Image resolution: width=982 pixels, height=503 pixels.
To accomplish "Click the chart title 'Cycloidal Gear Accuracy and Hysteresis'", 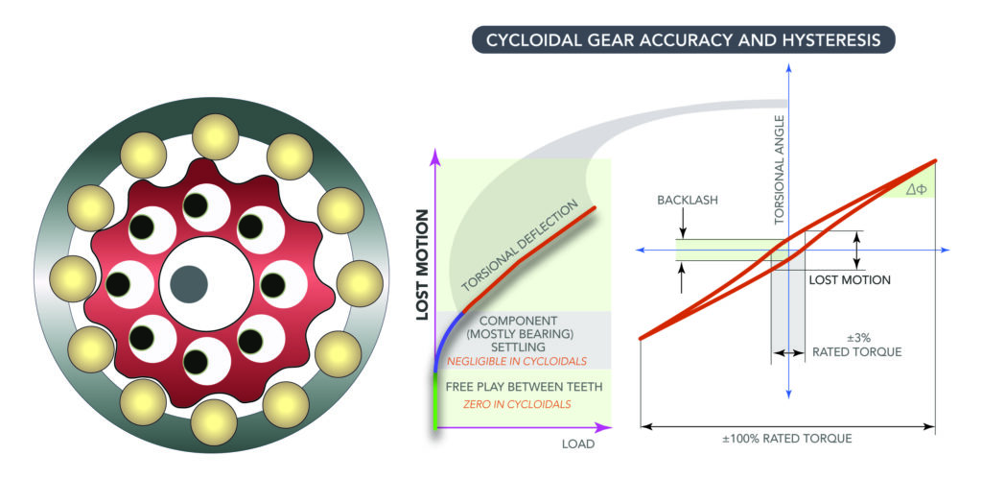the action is point(683,40).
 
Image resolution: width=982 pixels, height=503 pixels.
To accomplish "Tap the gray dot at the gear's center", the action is point(189,284).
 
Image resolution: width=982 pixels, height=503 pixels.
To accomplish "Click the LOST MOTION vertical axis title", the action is point(423,265).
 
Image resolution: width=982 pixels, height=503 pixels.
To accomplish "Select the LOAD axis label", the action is point(578,444).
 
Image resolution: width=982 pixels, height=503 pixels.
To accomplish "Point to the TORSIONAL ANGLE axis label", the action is point(780,169).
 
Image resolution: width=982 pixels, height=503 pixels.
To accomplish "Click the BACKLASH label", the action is point(688,200).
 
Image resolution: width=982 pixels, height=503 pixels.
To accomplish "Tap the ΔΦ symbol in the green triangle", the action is point(916,189).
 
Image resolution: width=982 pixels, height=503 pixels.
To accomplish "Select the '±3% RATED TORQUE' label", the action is point(856,345).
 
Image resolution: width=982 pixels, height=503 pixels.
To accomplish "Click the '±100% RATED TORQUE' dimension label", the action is point(787,439).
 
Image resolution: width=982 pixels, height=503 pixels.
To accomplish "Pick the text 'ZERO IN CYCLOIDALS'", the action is point(517,404).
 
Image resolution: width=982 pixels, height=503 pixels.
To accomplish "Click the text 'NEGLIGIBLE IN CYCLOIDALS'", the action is point(517,361).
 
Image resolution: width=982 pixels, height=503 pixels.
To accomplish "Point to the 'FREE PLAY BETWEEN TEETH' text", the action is point(524,387).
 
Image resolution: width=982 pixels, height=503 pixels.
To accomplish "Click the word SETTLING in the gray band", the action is point(518,347).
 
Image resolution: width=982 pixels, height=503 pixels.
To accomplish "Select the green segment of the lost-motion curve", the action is point(435,401).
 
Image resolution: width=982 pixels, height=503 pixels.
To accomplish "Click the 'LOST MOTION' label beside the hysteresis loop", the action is point(850,279).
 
